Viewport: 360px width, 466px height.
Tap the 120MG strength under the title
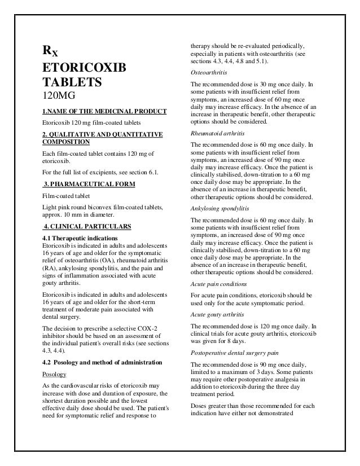(59, 97)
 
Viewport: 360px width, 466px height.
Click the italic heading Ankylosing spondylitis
(219, 208)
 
